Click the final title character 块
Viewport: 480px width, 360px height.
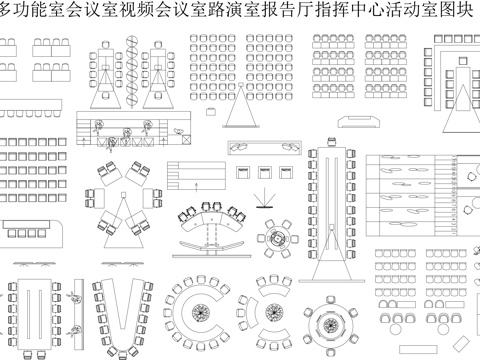[470, 12]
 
